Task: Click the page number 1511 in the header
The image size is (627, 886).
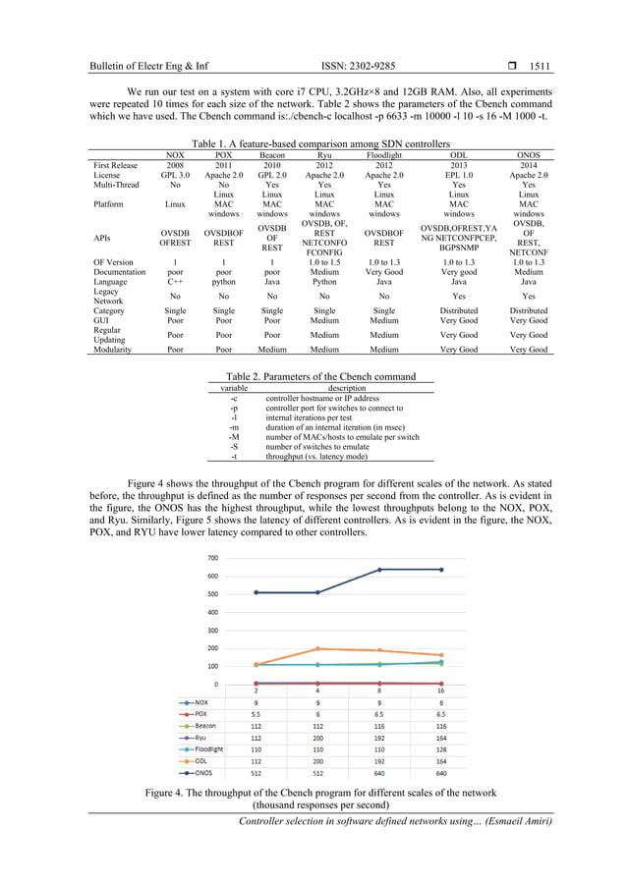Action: (x=540, y=67)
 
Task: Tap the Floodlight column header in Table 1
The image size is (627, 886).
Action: (x=383, y=154)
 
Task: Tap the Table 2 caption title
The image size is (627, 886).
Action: (x=320, y=376)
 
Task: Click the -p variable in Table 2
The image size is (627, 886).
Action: (x=233, y=407)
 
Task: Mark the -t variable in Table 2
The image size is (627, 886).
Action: (x=233, y=456)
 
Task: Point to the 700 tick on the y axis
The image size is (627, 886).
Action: (x=212, y=557)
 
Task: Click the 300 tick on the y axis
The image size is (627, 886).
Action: (x=212, y=630)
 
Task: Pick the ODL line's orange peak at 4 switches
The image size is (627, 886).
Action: (x=316, y=648)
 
